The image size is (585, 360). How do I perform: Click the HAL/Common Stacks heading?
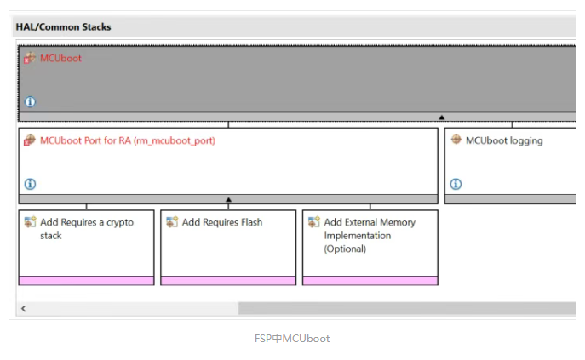[x=63, y=27]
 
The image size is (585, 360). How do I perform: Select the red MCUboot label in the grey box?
[x=60, y=58]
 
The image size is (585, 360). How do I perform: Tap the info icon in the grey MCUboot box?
[x=30, y=101]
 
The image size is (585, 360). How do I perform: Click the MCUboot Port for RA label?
[x=128, y=140]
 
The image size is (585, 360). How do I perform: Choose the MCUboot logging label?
[x=504, y=140]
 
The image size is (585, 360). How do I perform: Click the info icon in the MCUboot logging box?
[x=456, y=184]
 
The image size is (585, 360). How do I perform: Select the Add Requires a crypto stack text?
[x=87, y=229]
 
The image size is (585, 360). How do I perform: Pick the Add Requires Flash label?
[x=222, y=222]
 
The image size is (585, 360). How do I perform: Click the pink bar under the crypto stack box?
[x=86, y=281]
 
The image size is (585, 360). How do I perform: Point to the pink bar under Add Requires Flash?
[x=228, y=281]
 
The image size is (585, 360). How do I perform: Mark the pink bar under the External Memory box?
[x=370, y=281]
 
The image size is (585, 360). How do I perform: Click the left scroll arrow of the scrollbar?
[x=24, y=308]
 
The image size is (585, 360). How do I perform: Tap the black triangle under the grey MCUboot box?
[x=442, y=117]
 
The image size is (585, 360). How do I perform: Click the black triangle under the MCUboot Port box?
[x=229, y=200]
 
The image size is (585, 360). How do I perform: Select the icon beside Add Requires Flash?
[x=172, y=221]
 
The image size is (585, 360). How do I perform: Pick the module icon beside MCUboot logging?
[x=456, y=140]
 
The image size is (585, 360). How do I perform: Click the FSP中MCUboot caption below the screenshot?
[x=292, y=339]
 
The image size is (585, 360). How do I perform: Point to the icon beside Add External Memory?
[x=313, y=221]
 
